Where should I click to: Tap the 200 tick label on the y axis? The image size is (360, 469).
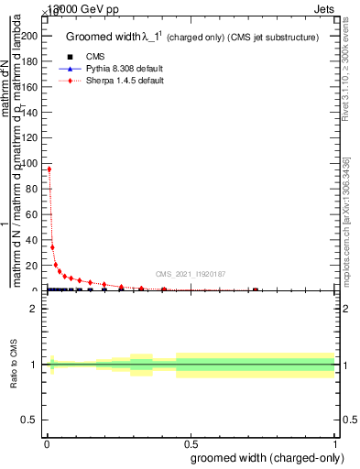tap(31, 35)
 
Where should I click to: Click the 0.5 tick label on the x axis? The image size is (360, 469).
tap(191, 443)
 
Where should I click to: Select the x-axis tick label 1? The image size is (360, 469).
tap(335, 443)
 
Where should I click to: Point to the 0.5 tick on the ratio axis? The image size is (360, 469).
tap(31, 420)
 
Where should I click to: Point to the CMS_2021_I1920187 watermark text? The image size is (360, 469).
tap(191, 273)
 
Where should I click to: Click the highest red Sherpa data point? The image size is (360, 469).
tap(49, 169)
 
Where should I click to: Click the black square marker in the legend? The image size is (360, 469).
tap(71, 58)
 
